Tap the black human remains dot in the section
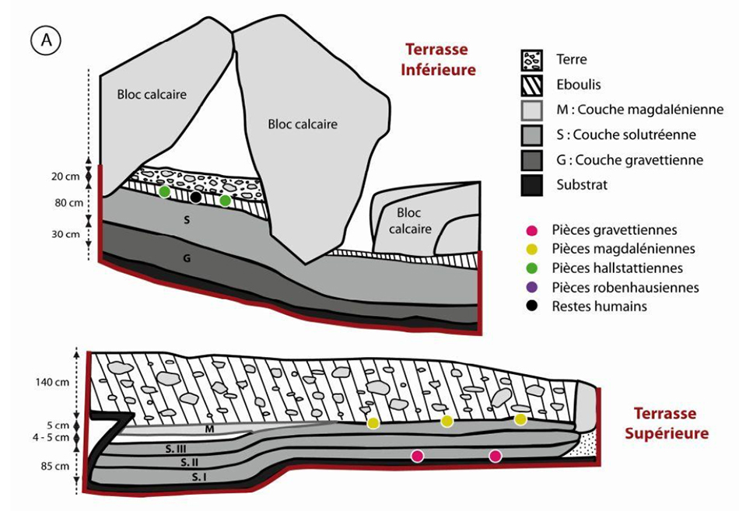(x=196, y=198)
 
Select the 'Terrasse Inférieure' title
(x=438, y=60)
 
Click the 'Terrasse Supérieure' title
(x=667, y=423)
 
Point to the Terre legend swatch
(x=532, y=60)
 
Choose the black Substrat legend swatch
(x=532, y=185)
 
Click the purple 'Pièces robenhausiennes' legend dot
(x=532, y=288)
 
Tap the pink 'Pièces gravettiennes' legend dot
(x=532, y=230)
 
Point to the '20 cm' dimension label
(x=65, y=177)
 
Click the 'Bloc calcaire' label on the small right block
(x=409, y=221)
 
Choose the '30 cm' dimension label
(x=65, y=234)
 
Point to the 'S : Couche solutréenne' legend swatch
(x=532, y=135)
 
